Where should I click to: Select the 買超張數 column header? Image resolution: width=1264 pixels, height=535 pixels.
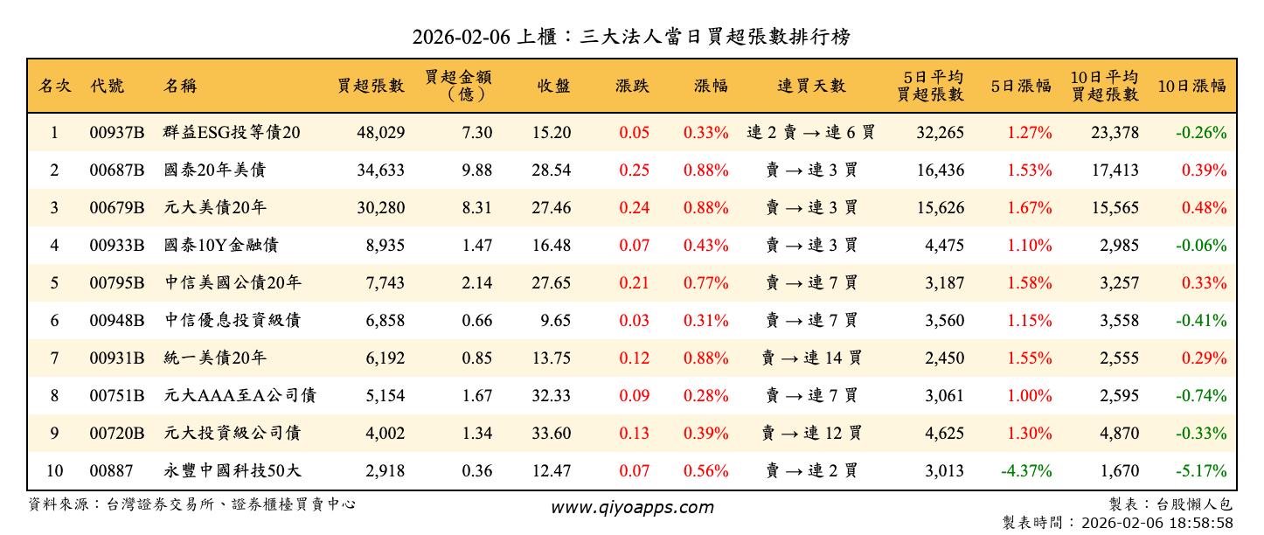372,86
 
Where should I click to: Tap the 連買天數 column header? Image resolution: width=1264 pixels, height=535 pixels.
811,86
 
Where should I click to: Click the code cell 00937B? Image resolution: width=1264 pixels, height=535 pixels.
116,133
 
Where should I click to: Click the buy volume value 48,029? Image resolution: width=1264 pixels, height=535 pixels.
380,133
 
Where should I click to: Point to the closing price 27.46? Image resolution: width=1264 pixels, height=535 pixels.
551,208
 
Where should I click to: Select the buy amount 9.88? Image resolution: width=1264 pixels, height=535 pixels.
476,170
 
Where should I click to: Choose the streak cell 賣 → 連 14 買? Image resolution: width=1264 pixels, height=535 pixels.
811,358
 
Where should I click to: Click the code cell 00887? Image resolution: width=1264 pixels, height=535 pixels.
111,471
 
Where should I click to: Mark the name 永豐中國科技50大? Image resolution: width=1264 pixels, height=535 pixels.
233,471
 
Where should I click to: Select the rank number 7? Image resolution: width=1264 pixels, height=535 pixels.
53,358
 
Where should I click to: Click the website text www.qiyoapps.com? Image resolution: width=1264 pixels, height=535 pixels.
631,507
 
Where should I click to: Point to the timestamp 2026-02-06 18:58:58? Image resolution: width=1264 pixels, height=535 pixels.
1157,523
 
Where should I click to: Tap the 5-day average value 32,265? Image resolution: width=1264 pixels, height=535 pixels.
940,133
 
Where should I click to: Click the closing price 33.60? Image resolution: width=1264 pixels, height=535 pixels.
551,434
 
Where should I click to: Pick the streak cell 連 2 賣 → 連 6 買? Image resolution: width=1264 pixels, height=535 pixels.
811,133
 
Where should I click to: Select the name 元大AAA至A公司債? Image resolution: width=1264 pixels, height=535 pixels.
240,396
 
